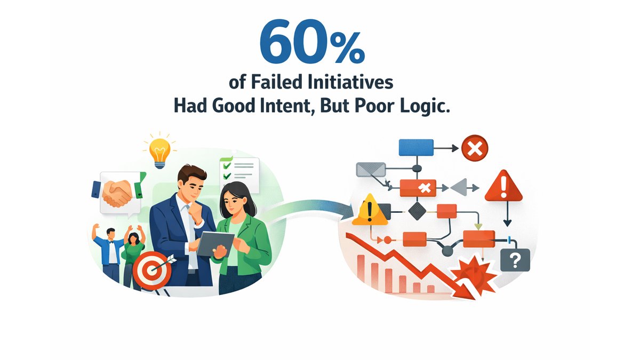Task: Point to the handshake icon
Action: tap(118, 192)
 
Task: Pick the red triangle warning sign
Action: tap(503, 186)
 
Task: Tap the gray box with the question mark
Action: tap(515, 261)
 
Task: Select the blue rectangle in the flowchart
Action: tap(416, 147)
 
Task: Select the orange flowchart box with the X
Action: tap(418, 188)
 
